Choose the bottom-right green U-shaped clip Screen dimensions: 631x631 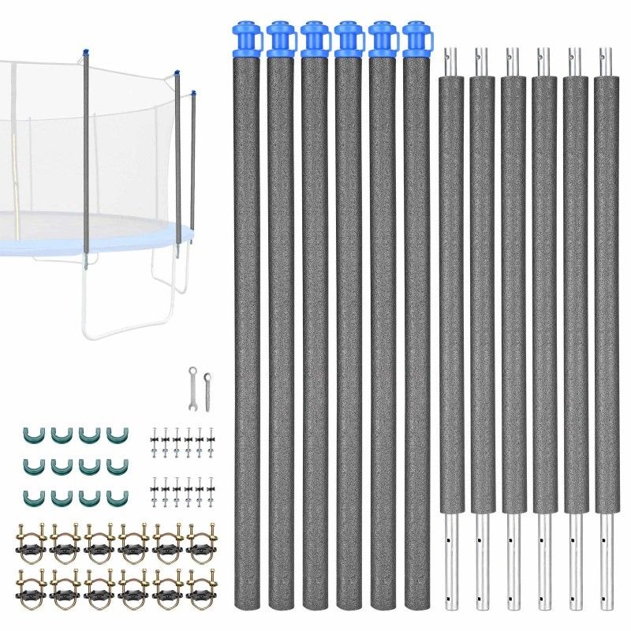click(x=115, y=497)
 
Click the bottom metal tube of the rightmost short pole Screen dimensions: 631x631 click(x=606, y=560)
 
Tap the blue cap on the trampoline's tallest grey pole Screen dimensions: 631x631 click(x=84, y=53)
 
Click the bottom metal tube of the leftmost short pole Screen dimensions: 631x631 click(x=450, y=560)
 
